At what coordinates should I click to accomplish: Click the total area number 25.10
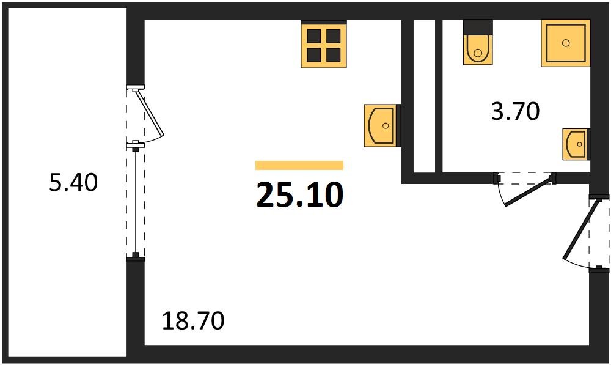(299, 195)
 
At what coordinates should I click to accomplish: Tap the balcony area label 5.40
(73, 182)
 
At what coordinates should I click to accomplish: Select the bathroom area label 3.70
(515, 112)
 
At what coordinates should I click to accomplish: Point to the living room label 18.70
(193, 320)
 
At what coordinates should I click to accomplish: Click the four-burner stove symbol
(324, 45)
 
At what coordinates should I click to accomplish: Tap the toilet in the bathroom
(477, 48)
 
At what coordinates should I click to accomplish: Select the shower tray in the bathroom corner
(566, 43)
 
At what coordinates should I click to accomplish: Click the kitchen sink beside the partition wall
(381, 126)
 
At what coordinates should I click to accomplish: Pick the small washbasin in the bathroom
(576, 144)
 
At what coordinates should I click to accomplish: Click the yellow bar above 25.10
(299, 165)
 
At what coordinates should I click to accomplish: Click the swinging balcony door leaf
(150, 113)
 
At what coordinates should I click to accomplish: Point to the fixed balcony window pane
(135, 202)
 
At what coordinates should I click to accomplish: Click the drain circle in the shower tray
(566, 43)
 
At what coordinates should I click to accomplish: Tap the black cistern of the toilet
(478, 28)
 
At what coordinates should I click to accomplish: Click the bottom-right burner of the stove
(334, 55)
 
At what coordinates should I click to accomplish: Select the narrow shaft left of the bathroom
(424, 95)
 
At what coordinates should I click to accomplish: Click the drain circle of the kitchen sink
(386, 126)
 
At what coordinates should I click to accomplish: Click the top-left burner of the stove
(314, 35)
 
